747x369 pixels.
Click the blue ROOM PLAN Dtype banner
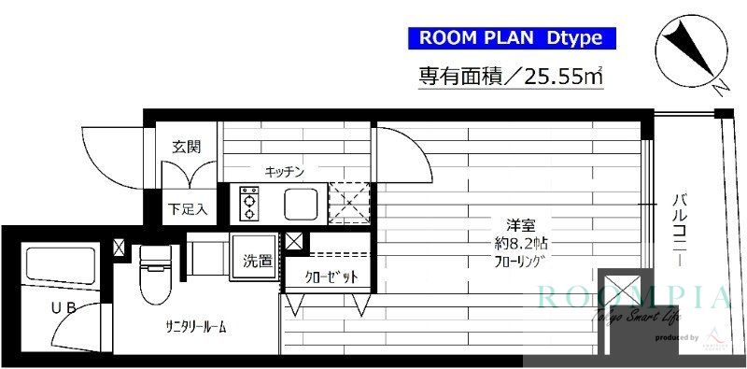[512, 38]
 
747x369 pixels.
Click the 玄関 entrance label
[187, 147]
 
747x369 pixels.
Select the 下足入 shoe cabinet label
[187, 207]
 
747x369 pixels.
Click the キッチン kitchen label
[285, 172]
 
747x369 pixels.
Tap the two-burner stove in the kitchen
[250, 203]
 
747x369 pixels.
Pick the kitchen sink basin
[302, 202]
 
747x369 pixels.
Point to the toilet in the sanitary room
[151, 274]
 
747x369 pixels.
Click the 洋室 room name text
[520, 225]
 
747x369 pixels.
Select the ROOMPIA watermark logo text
[630, 298]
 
